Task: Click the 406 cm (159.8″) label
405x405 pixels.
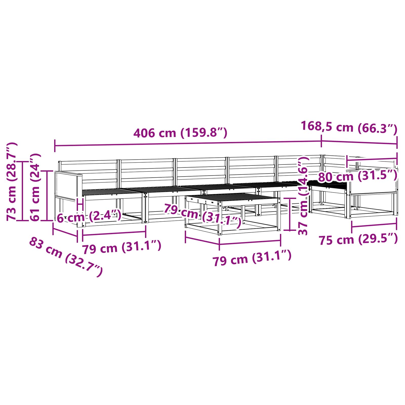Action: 180,133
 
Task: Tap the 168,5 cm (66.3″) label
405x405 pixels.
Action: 349,127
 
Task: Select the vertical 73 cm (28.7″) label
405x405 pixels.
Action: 12,181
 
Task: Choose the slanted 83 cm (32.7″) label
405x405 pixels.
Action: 66,257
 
